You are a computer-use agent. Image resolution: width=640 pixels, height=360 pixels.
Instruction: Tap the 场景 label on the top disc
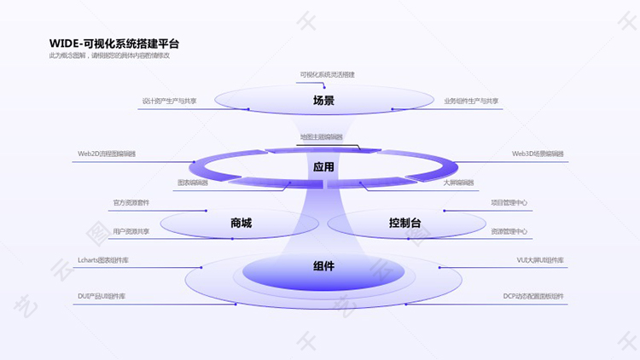click(x=323, y=101)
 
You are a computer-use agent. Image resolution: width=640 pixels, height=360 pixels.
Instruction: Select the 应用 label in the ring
click(x=323, y=167)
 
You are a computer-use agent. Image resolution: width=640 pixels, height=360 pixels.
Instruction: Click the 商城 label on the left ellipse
click(x=241, y=224)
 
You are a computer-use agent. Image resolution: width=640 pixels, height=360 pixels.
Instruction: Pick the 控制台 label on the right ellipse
click(x=404, y=224)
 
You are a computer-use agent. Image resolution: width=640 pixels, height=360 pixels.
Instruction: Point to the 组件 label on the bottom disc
click(x=323, y=267)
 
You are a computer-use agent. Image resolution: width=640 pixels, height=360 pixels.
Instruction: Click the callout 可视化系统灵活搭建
click(x=327, y=74)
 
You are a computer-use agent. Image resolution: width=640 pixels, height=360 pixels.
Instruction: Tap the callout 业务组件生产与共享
click(x=471, y=101)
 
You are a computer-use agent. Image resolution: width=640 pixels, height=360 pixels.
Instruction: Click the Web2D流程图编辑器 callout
click(x=107, y=154)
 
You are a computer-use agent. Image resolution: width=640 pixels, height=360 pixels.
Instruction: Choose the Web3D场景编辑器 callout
click(x=538, y=154)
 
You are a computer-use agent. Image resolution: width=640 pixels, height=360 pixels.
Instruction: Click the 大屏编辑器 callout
click(x=458, y=183)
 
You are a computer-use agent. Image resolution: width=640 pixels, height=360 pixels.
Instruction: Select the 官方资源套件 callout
click(x=131, y=203)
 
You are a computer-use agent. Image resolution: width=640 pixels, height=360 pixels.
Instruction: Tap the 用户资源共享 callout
click(x=131, y=231)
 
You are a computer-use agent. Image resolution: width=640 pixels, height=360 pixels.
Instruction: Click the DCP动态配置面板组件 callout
click(x=532, y=296)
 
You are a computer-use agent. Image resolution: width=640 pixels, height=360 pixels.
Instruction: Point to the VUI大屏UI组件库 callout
click(x=539, y=259)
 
